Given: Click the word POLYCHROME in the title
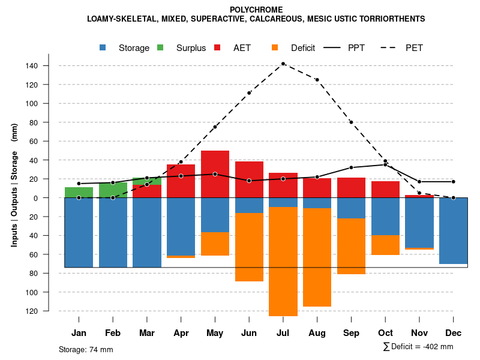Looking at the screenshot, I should coord(256,10).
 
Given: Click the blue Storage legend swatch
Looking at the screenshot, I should coord(103,47).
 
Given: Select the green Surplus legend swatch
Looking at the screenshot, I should coord(160,47).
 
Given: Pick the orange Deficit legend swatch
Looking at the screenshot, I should coord(275,47).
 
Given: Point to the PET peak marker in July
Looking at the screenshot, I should coord(283,64).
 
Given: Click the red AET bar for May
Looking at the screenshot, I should coord(215,173).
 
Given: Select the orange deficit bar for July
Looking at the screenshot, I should coord(283,261).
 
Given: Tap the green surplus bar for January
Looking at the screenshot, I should coord(79,192).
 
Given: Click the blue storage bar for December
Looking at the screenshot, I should coord(453,230).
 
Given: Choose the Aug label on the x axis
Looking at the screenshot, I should coord(317,332).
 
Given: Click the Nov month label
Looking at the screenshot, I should coord(419,332).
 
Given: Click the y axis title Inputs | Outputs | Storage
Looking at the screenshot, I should coord(14,185).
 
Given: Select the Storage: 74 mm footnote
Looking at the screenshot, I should coord(86,349).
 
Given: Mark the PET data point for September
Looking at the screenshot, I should coord(351,122).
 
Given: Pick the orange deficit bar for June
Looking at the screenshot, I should coord(249,247).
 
